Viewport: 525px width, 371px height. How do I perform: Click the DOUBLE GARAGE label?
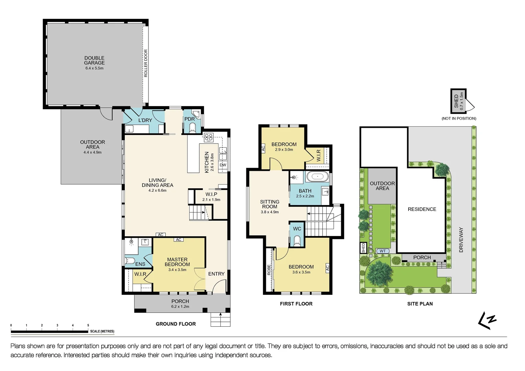pyautogui.click(x=94, y=60)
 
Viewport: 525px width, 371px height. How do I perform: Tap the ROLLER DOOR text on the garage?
pyautogui.click(x=146, y=63)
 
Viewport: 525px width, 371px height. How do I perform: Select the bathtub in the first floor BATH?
pyautogui.click(x=317, y=177)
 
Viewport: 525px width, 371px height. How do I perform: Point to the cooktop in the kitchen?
pyautogui.click(x=209, y=137)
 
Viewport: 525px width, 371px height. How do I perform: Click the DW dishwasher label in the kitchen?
pyautogui.click(x=223, y=165)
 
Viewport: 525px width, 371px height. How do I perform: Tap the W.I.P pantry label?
pyautogui.click(x=211, y=194)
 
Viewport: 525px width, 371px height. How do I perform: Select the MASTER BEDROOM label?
pyautogui.click(x=177, y=262)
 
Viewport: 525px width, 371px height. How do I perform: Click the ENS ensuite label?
pyautogui.click(x=140, y=264)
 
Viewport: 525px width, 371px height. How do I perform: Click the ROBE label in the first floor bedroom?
pyautogui.click(x=269, y=270)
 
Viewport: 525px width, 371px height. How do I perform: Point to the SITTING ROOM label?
pyautogui.click(x=270, y=204)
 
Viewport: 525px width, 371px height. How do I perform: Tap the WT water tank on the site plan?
pyautogui.click(x=383, y=251)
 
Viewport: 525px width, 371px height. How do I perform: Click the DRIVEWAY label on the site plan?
pyautogui.click(x=461, y=240)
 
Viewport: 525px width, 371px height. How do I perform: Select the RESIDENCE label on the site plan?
pyautogui.click(x=422, y=209)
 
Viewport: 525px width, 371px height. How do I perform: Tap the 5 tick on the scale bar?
pyautogui.click(x=88, y=325)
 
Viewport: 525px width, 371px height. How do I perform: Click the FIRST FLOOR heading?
pyautogui.click(x=296, y=304)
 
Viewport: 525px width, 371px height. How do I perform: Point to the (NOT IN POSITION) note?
pyautogui.click(x=459, y=119)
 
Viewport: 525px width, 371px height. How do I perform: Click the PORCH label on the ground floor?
pyautogui.click(x=180, y=301)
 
